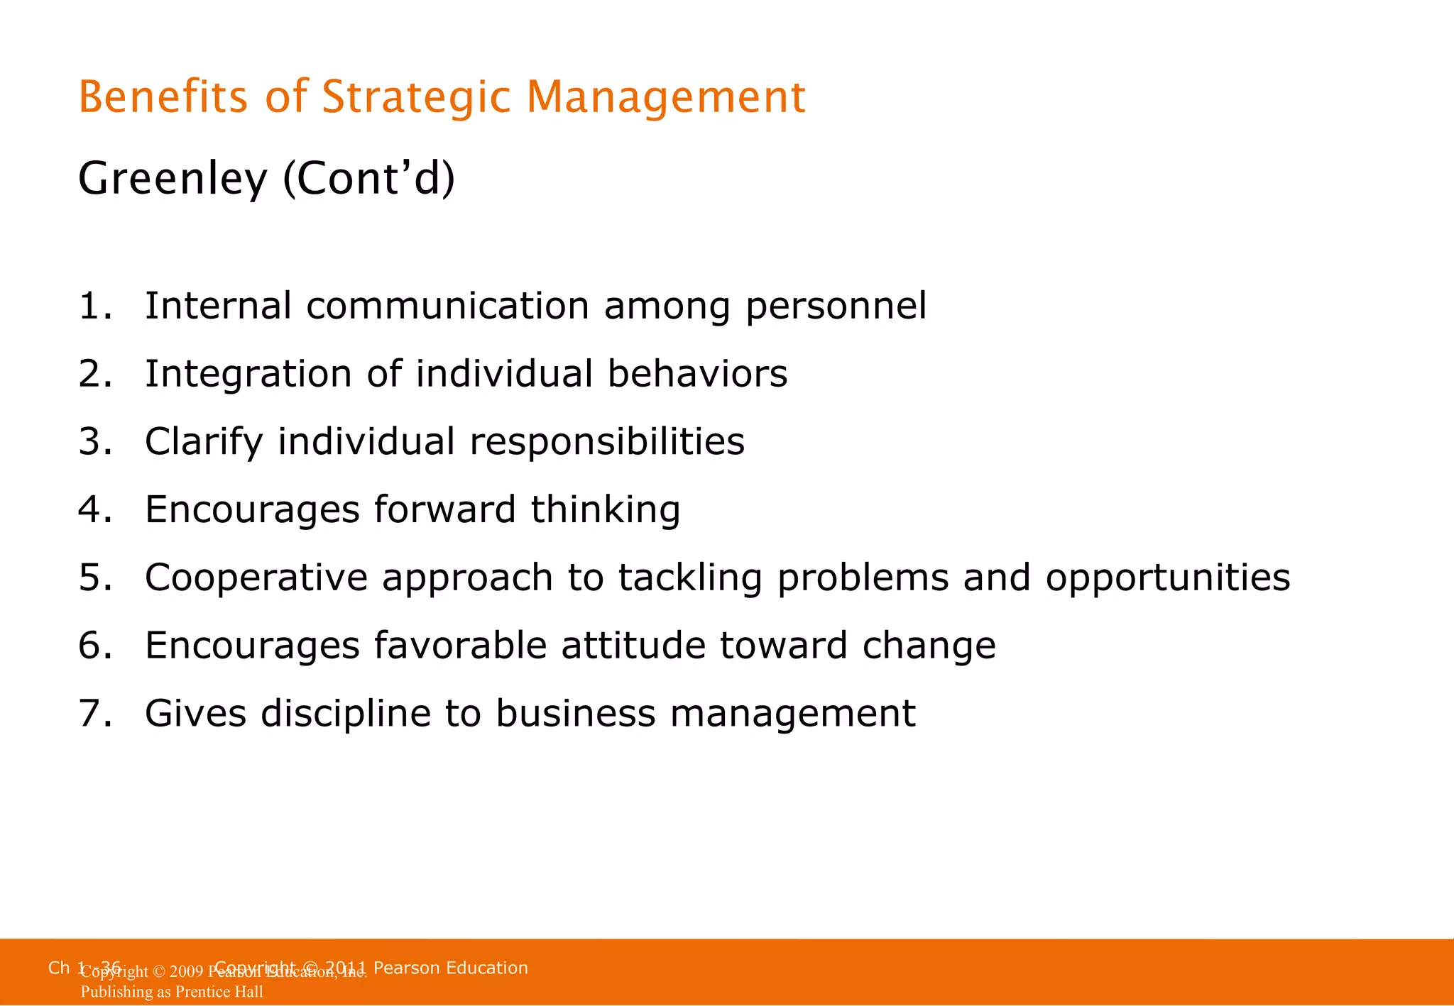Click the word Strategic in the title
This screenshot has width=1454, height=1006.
click(415, 97)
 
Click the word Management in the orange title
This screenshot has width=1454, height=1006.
click(665, 97)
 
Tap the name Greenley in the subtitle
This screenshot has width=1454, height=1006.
click(172, 179)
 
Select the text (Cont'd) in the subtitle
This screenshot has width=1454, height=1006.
click(368, 179)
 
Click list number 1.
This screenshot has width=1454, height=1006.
click(94, 306)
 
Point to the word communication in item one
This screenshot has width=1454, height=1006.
click(447, 306)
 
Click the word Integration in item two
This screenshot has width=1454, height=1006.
click(248, 375)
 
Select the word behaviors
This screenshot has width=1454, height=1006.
click(697, 374)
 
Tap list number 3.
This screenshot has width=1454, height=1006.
click(94, 442)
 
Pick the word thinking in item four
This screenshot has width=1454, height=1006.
click(605, 510)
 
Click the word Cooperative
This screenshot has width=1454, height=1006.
click(256, 578)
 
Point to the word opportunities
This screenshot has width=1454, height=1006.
click(1167, 578)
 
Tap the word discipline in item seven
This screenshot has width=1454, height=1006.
click(345, 714)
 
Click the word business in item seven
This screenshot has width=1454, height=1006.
click(575, 714)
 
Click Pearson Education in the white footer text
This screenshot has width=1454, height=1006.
click(450, 968)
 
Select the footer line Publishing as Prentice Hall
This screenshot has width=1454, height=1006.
click(172, 992)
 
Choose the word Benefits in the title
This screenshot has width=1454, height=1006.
click(163, 97)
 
